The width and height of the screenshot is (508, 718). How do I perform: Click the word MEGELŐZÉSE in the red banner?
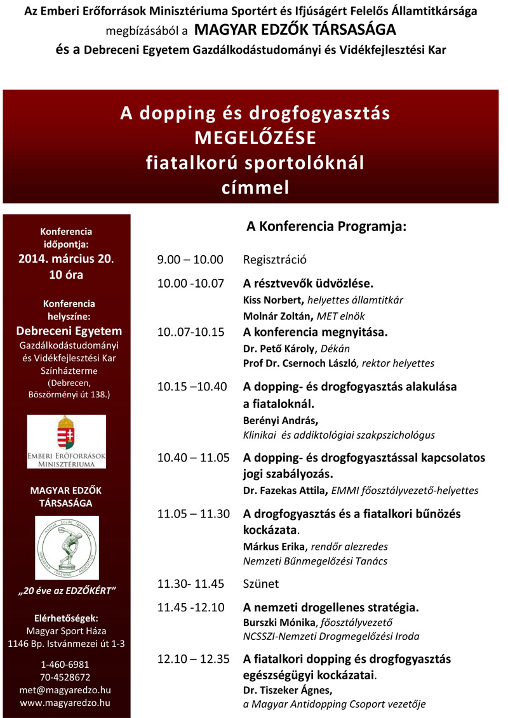coord(255,138)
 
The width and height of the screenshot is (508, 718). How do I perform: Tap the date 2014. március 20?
coord(66,259)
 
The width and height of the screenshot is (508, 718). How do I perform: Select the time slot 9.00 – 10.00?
coord(190,260)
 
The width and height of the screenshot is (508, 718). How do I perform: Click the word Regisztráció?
coord(275,260)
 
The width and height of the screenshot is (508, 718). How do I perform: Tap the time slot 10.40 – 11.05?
coord(194,458)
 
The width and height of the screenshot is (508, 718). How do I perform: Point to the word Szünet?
coord(261,583)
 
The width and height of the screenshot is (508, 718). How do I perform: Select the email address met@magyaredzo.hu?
coord(66,690)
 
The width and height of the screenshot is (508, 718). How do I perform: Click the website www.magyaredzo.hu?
coord(66,703)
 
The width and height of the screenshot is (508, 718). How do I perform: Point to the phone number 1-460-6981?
coord(66,664)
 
